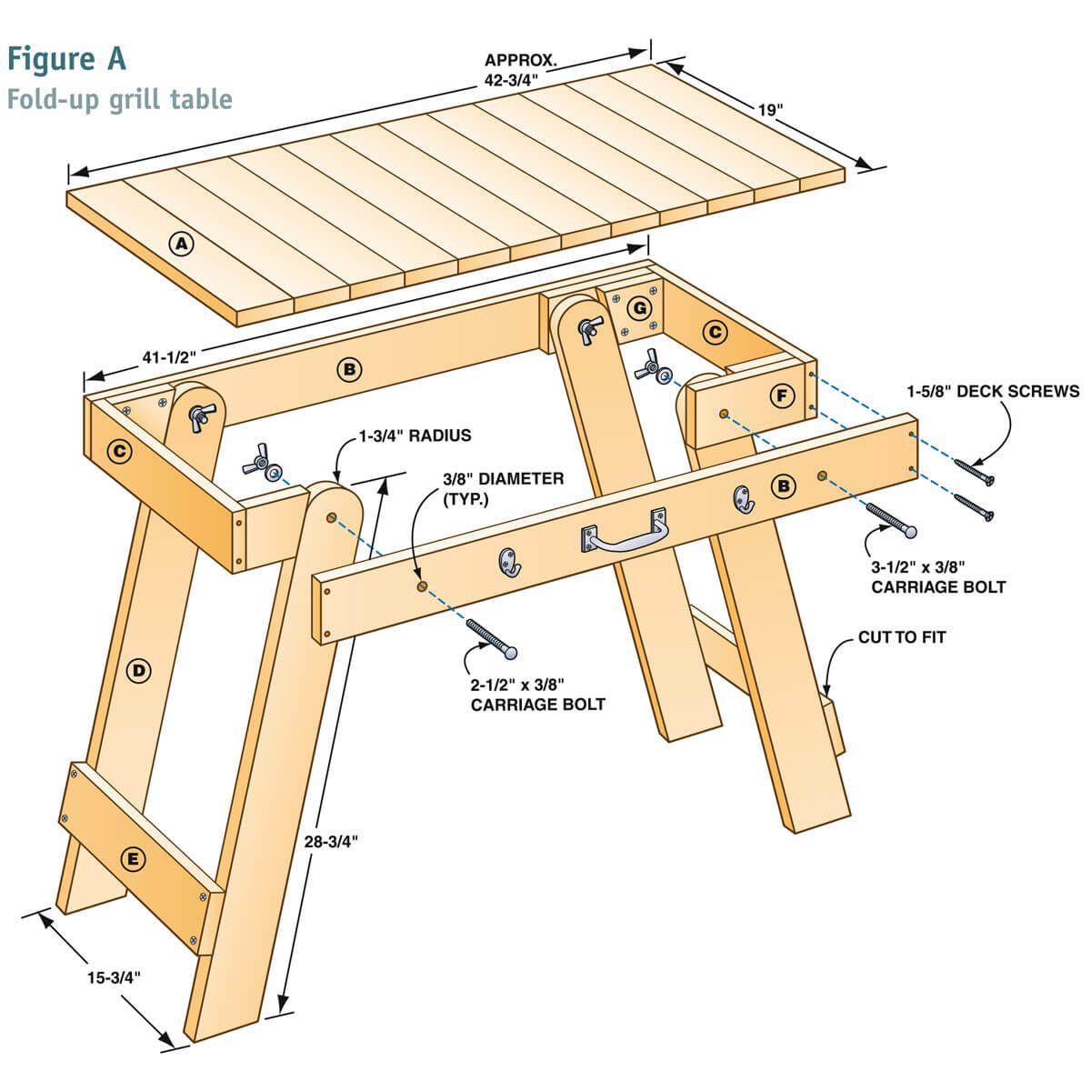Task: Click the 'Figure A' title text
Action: click(66, 58)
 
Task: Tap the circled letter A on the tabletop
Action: click(182, 243)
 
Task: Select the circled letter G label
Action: click(641, 308)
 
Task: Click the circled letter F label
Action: click(780, 395)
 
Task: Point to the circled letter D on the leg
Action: click(138, 671)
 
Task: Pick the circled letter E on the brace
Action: click(133, 858)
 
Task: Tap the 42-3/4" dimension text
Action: click(512, 78)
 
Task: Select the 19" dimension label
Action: click(770, 110)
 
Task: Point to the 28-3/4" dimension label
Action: click(331, 841)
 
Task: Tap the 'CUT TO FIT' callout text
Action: click(902, 637)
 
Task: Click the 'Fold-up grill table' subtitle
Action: click(119, 98)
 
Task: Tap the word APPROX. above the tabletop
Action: click(519, 61)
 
